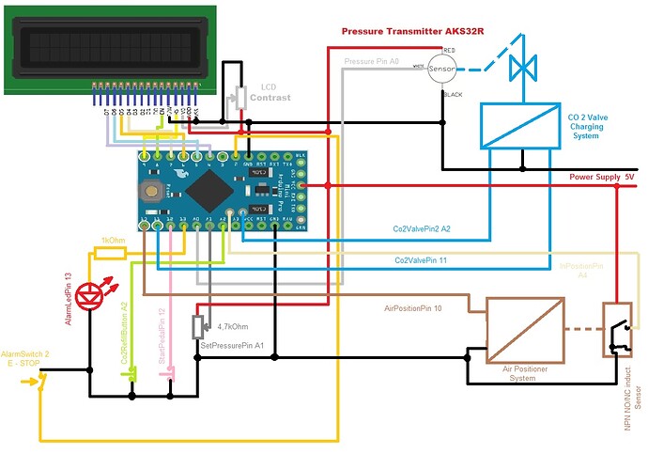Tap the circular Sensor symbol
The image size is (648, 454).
tap(441, 69)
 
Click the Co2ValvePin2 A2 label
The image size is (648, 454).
tap(421, 228)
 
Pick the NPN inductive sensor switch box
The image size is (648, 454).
tap(617, 330)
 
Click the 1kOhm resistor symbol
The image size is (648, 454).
tap(111, 254)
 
